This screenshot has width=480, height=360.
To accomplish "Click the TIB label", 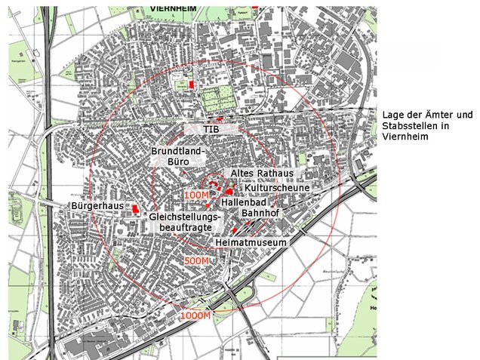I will coord(211,130).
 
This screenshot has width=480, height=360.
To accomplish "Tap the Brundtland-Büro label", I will coord(178,155).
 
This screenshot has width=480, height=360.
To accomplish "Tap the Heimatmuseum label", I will coord(251,243).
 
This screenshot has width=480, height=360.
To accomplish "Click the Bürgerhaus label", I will coord(96,205).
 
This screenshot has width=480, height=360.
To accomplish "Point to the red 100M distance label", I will coord(195,195).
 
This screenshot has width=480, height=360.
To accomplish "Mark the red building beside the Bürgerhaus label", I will coord(135,208).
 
